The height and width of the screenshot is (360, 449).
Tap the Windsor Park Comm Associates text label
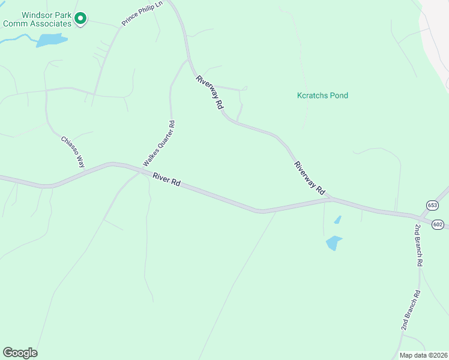point(38,19)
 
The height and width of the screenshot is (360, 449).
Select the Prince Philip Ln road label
point(142,13)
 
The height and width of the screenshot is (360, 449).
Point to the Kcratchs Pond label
point(322,95)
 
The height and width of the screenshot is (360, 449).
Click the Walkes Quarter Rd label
point(158,144)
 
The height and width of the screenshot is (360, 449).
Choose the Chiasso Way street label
point(74,152)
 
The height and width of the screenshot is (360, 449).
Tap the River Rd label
point(167,179)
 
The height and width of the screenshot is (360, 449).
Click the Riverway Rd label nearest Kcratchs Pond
point(209,92)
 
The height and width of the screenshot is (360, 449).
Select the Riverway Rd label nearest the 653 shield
point(309,178)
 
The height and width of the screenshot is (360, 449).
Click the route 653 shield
point(432,205)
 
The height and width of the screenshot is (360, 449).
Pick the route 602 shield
point(438,224)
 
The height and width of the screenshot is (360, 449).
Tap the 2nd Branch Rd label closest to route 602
point(418,245)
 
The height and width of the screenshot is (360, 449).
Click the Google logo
point(20,353)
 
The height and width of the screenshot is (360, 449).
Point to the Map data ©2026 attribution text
point(423,355)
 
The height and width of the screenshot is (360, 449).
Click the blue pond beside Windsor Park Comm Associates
point(51,40)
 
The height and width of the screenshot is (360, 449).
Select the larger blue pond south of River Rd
point(333,242)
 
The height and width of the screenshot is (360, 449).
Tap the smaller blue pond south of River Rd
point(337,220)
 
